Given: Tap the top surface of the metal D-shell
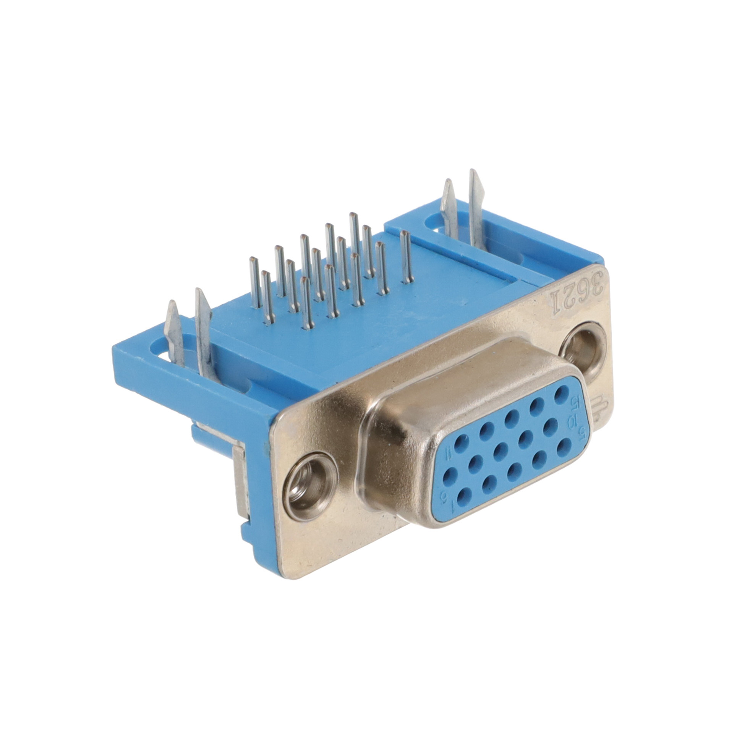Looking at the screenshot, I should [x=458, y=373].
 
